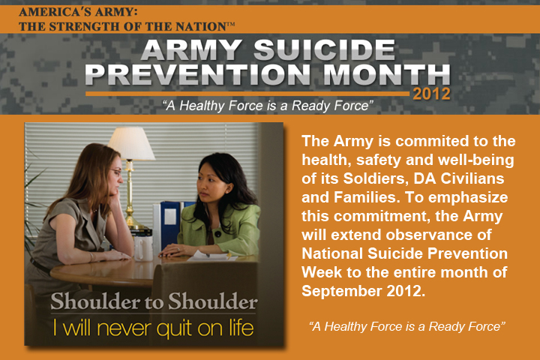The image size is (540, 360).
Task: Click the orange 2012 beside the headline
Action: coord(431,94)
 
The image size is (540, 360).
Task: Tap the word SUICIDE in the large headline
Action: coord(325,49)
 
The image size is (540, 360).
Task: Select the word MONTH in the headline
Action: coord(386,74)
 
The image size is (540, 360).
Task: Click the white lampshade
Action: coord(131,143)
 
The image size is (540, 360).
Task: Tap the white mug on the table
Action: coord(143,247)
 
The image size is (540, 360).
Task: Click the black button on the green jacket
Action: coord(217,234)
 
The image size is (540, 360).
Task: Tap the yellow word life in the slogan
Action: coord(241,328)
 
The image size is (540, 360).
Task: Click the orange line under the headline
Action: coord(247,94)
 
